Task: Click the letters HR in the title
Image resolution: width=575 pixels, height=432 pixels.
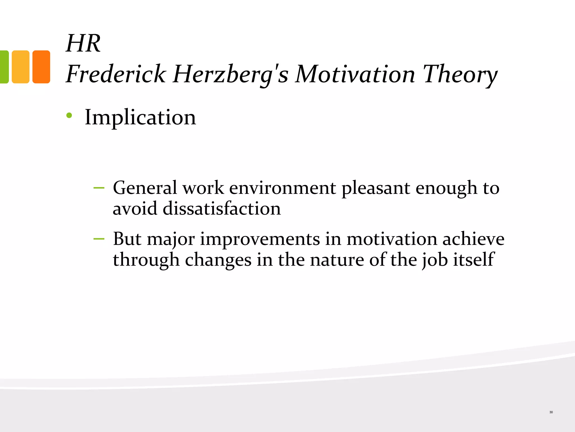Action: tap(83, 44)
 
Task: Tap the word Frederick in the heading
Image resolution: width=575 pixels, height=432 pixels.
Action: tap(116, 74)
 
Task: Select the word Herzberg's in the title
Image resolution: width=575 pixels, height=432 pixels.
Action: tap(231, 75)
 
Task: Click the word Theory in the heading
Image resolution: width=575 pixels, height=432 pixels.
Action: tap(460, 75)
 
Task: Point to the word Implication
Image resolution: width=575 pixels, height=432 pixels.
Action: tap(140, 117)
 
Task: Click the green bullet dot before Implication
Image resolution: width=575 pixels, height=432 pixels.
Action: tap(69, 115)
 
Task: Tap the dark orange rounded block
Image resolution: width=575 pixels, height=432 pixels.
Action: tap(41, 67)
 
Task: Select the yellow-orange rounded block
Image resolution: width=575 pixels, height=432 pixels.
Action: tap(20, 67)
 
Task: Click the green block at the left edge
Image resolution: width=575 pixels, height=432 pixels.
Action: tap(4, 67)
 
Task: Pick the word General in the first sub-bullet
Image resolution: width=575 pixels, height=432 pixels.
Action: tap(145, 188)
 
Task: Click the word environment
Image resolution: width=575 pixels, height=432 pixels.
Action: tap(282, 188)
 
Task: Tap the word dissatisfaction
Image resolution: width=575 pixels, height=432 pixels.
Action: tap(222, 209)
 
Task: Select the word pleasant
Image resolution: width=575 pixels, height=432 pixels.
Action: tap(375, 188)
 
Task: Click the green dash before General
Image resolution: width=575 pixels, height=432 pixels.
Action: tap(99, 188)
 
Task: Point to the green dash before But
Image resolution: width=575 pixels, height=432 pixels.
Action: tap(99, 239)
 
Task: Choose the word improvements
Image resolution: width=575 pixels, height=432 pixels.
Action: tap(260, 239)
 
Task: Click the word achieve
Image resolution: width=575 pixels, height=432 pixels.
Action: tap(473, 239)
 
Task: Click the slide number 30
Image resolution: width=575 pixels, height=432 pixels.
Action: tap(551, 412)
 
